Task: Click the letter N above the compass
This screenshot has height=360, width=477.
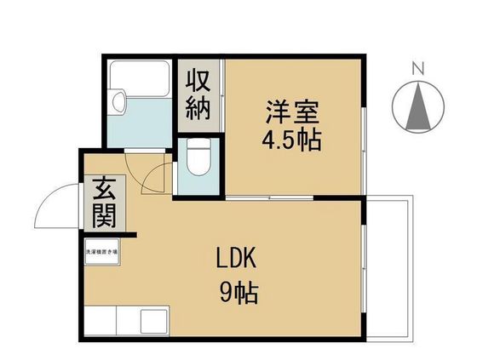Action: (417, 67)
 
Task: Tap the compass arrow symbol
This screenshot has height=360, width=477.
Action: (417, 107)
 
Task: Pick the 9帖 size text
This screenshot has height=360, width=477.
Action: (238, 295)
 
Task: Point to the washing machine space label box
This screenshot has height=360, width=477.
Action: (101, 252)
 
